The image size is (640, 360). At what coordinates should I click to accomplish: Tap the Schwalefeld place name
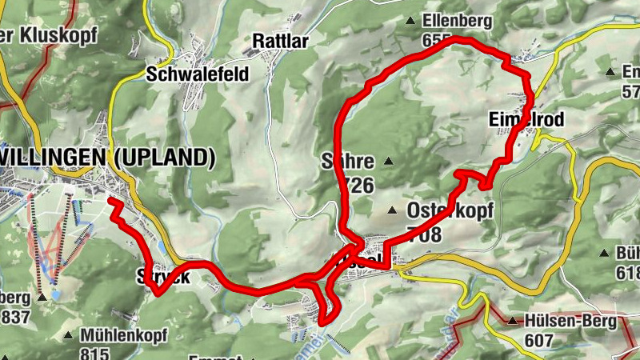tap(198, 74)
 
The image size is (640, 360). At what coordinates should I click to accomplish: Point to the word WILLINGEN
tap(55, 158)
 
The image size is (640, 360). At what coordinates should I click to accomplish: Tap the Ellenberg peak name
tap(458, 21)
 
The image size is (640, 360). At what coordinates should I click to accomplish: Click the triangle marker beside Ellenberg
tap(410, 22)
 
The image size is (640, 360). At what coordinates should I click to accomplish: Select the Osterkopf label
tap(450, 211)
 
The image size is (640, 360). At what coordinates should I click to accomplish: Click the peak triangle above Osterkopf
tap(392, 211)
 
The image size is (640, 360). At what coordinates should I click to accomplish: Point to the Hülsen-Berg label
tap(571, 322)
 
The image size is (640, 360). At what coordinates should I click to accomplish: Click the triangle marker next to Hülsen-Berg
tap(511, 322)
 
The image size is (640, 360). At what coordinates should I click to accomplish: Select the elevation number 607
tap(542, 339)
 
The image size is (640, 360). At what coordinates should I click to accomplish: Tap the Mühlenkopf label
tap(123, 335)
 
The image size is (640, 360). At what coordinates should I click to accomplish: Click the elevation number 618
tap(628, 272)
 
